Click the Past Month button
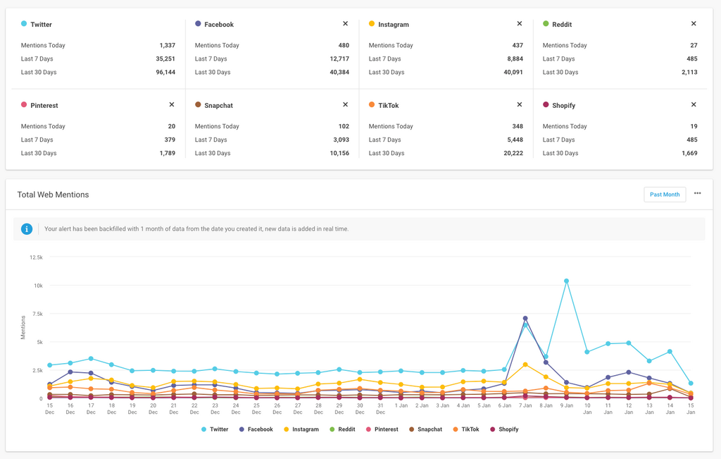point(665,195)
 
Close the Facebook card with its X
point(345,24)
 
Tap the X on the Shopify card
point(694,105)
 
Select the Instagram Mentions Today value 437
point(517,45)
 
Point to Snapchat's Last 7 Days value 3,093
point(339,140)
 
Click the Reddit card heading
point(561,25)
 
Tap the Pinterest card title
point(44,106)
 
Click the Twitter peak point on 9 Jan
point(567,281)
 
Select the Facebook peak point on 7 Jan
point(525,319)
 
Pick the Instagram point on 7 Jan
point(525,365)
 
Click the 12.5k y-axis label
point(36,257)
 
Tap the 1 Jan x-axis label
point(401,405)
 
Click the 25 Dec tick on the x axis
point(256,409)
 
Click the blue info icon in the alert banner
point(27,229)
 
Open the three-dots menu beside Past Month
point(698,194)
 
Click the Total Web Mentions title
point(53,195)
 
